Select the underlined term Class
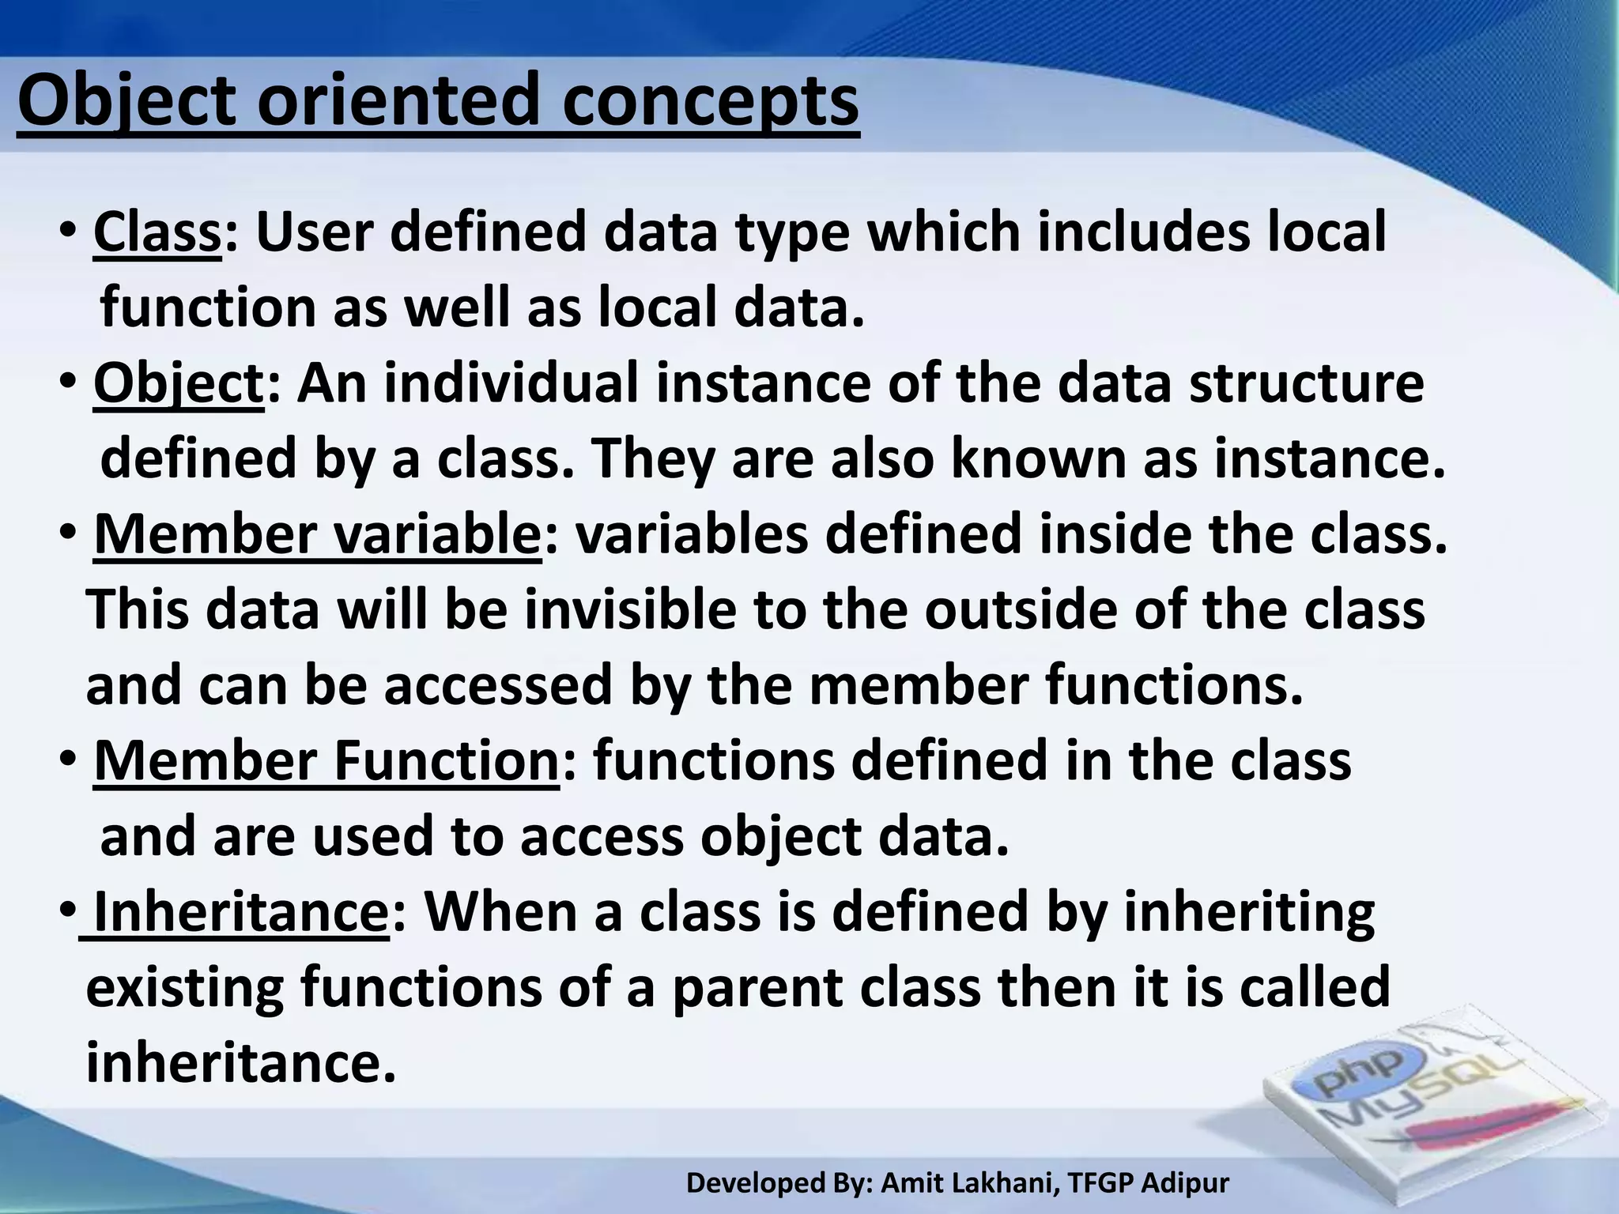click(157, 233)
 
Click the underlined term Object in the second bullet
click(178, 384)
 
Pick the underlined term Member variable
click(317, 535)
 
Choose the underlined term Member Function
click(326, 761)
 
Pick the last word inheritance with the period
click(240, 1063)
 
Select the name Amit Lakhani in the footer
click(969, 1183)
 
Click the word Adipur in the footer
click(1187, 1183)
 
